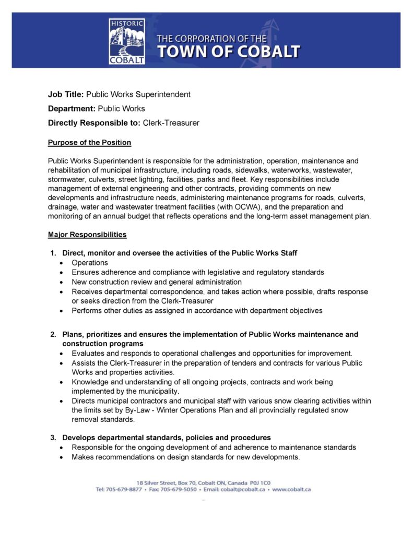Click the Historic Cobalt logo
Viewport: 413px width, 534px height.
point(127,41)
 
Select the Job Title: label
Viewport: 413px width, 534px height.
point(66,94)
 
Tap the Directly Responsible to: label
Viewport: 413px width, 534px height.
point(94,123)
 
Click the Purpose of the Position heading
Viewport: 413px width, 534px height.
point(89,142)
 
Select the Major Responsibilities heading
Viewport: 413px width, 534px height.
point(87,235)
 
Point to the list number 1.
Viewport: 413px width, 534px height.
point(53,253)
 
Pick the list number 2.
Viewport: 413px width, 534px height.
point(53,334)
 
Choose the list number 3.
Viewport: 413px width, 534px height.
point(53,437)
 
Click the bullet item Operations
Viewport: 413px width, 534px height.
point(90,263)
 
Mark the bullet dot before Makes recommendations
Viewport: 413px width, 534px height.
point(62,457)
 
